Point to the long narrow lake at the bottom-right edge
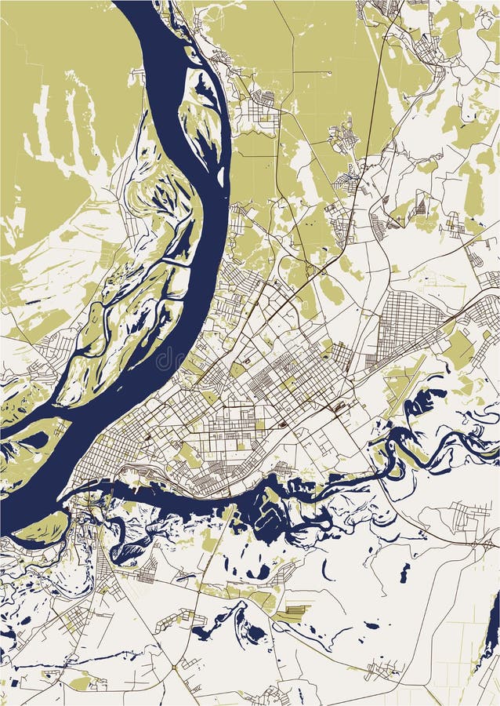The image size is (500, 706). click(492, 628)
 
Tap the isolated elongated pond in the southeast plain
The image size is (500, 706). click(404, 573)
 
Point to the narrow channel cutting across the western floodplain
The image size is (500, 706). click(176, 263)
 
